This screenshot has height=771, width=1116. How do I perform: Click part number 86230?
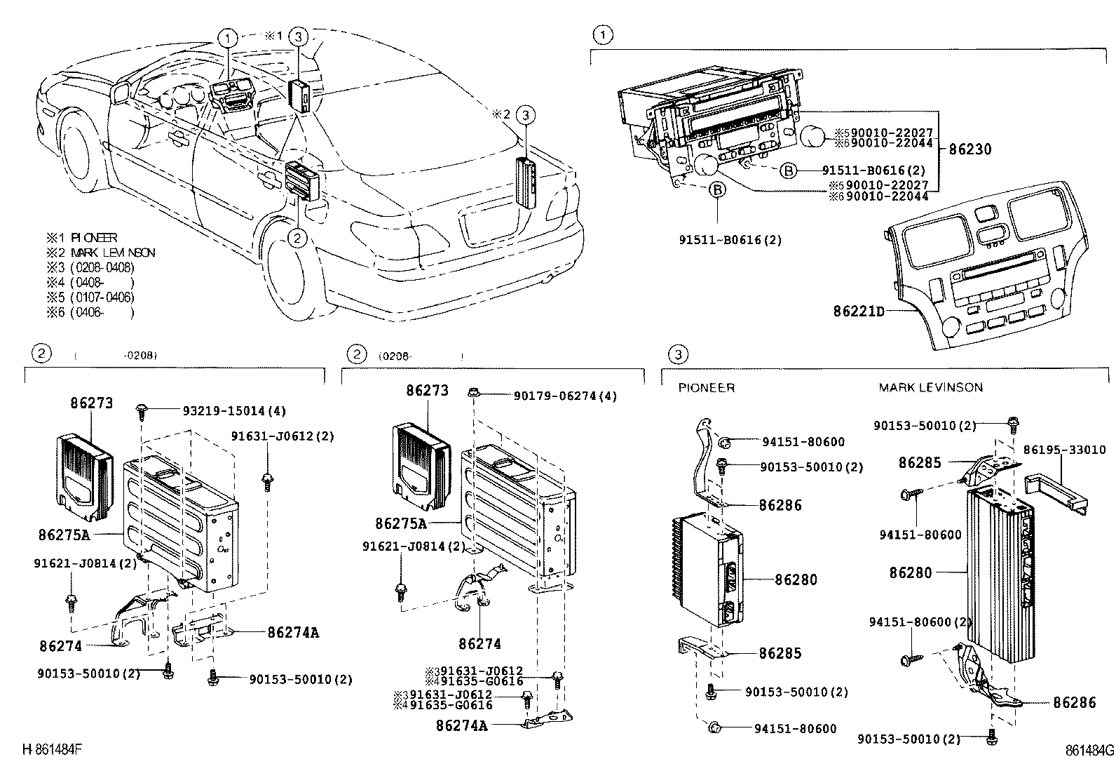(970, 149)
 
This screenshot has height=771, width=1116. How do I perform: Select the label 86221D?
(859, 310)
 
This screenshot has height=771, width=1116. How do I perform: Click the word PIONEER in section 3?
(706, 387)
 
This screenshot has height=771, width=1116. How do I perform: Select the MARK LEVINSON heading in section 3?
(930, 387)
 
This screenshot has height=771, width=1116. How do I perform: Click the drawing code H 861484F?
(53, 749)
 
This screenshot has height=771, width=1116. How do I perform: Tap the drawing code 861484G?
(1089, 750)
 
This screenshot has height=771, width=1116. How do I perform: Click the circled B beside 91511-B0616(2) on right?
(789, 170)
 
